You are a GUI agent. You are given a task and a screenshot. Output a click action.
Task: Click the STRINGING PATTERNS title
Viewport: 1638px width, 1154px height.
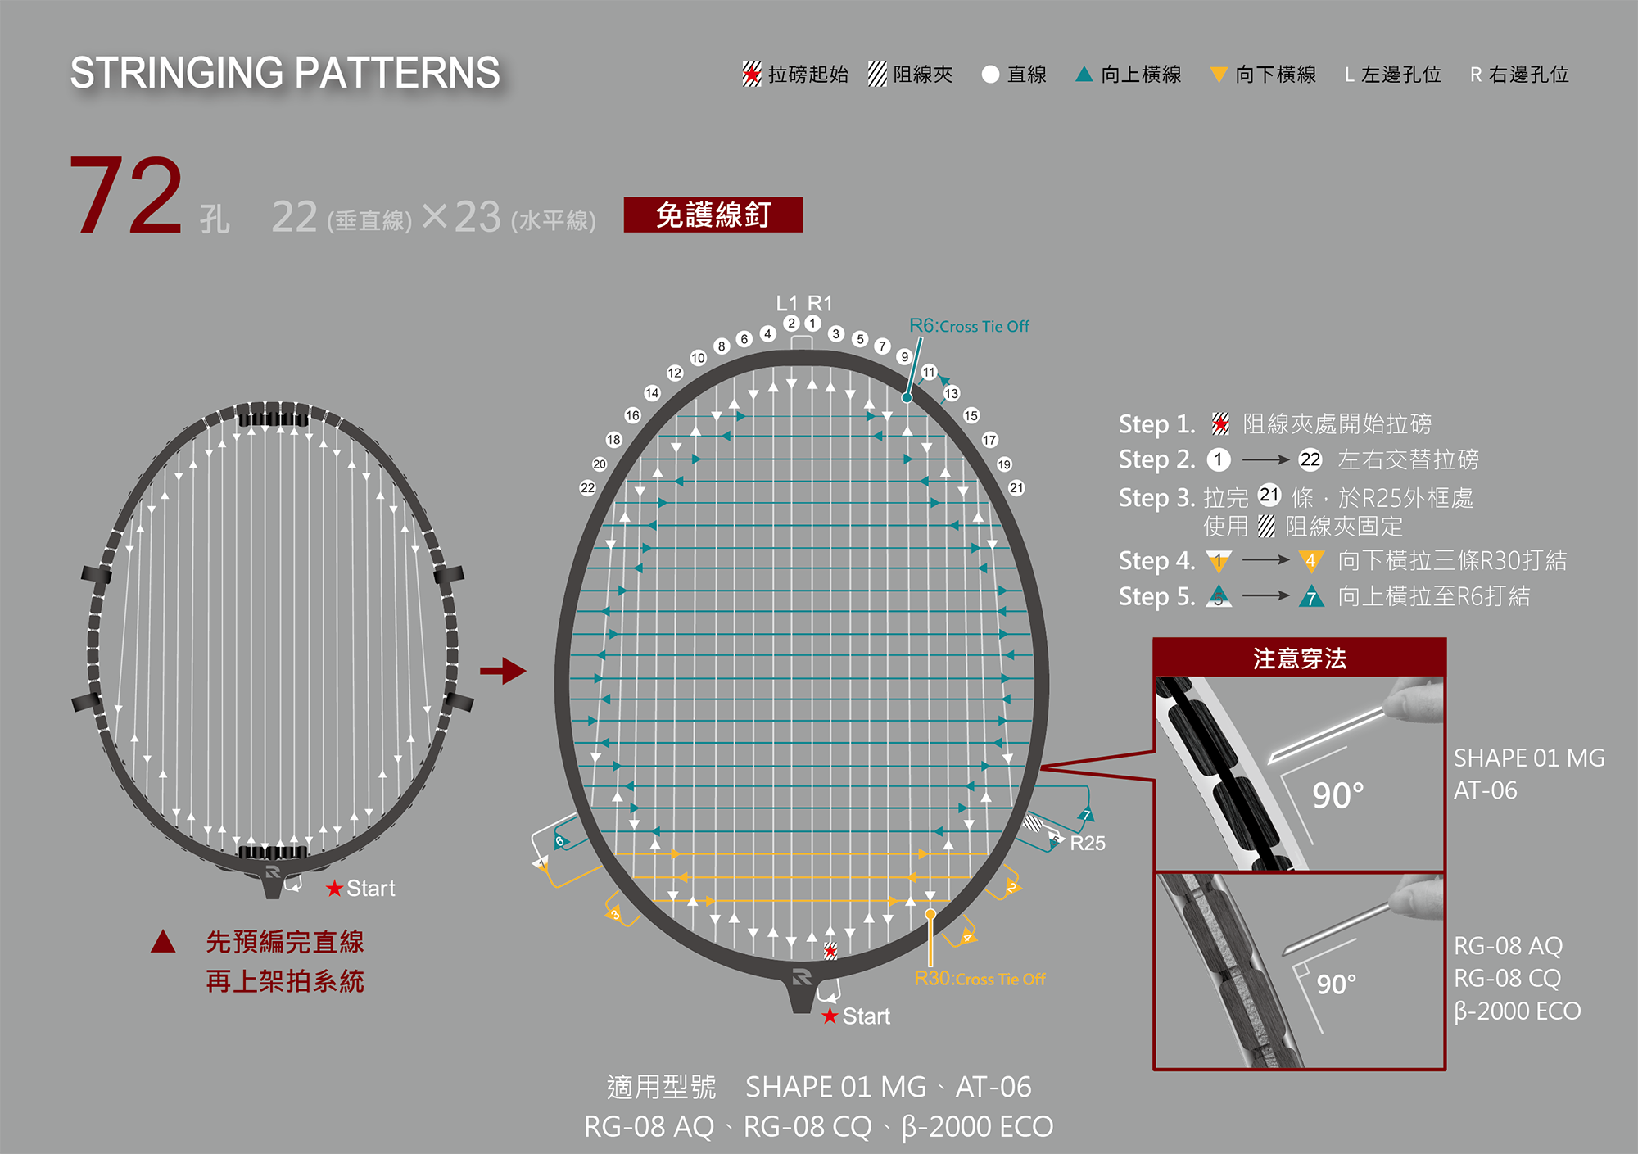point(284,73)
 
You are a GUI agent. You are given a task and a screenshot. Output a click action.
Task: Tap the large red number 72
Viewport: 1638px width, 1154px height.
point(126,197)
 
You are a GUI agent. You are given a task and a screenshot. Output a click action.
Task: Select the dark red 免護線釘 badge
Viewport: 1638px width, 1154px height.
point(713,215)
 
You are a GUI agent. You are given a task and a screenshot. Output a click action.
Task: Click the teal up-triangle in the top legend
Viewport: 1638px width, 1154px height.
point(1084,75)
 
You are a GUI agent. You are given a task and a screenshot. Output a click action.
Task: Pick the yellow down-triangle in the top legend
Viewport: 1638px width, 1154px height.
point(1219,75)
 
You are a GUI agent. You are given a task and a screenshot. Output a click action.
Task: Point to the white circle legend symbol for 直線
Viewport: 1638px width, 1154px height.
point(990,75)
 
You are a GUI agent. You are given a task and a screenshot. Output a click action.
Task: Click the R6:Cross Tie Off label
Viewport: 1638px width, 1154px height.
point(969,326)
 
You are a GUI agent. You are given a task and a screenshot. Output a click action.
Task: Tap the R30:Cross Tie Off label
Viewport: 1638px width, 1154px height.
point(980,979)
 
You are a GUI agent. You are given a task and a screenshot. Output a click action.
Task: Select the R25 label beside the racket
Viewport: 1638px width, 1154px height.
point(1088,843)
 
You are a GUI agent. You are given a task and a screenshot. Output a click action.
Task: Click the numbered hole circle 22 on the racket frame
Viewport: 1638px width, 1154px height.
point(587,488)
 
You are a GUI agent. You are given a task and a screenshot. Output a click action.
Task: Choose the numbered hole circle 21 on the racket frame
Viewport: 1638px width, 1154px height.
point(1016,488)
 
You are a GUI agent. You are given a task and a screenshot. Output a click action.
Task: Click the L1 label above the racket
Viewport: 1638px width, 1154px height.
point(786,303)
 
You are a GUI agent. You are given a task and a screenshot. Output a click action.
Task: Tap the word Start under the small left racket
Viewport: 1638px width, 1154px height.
point(370,889)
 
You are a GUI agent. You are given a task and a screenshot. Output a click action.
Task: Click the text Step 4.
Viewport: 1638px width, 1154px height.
point(1156,561)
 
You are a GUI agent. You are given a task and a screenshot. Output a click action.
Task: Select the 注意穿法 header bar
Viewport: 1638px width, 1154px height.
point(1299,658)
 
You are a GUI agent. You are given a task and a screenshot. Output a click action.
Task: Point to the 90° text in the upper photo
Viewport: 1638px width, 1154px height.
point(1337,795)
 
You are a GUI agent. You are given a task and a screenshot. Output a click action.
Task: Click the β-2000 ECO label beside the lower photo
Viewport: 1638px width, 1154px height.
point(1517,1011)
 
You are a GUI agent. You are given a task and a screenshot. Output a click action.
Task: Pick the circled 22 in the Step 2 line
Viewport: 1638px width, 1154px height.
point(1310,459)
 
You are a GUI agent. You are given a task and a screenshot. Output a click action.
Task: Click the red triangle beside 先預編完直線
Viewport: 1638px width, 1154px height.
point(163,942)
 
